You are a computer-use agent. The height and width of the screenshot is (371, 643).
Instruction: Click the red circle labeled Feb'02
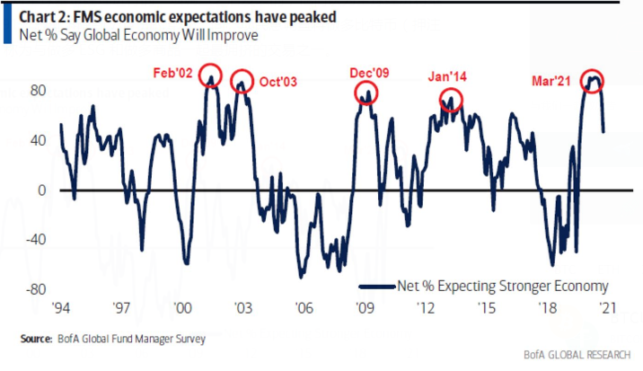tap(211, 75)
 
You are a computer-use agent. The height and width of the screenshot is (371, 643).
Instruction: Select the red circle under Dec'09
tap(366, 92)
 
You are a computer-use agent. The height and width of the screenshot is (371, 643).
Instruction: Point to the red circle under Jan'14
tap(451, 100)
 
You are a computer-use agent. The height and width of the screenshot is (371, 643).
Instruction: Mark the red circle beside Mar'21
tap(592, 80)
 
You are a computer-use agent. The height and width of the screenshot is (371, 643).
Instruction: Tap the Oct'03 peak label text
tap(278, 82)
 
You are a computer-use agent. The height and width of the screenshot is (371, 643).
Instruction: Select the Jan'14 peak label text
tap(452, 78)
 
